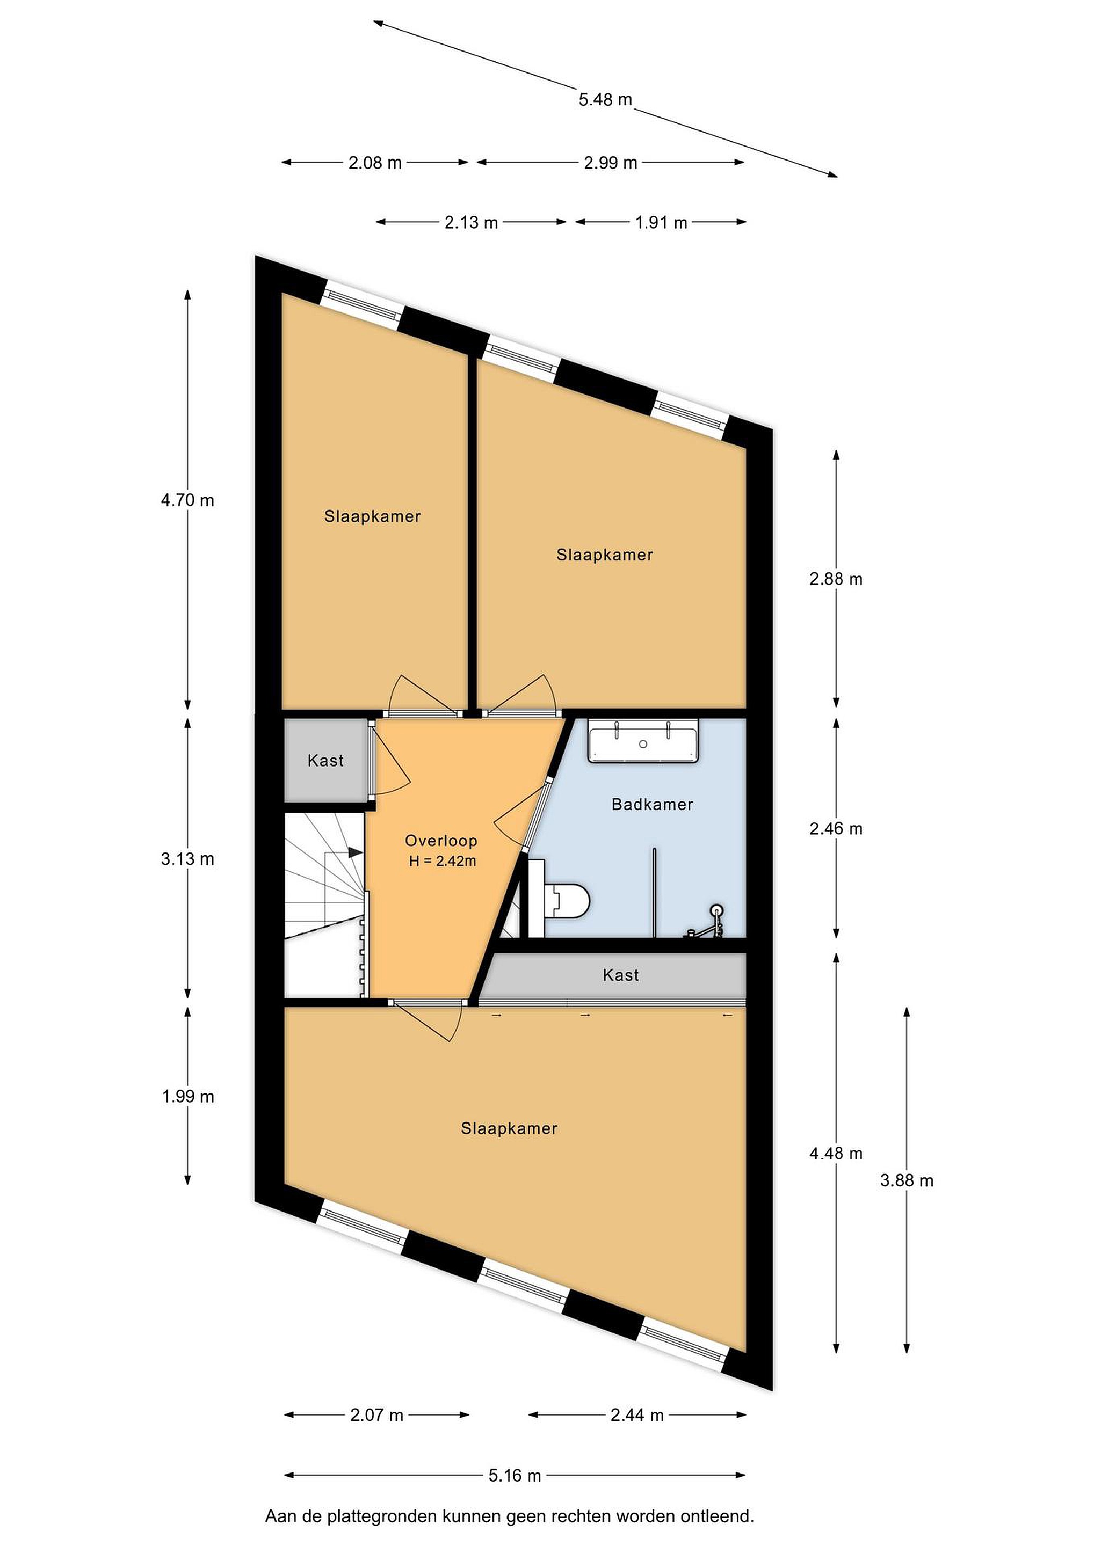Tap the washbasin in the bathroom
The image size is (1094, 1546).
[x=643, y=741]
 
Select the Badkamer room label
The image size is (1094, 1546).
[x=652, y=804]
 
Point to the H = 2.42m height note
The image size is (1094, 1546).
[x=443, y=860]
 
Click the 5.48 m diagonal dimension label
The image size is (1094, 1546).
[x=605, y=100]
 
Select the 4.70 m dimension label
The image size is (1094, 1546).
[x=187, y=500]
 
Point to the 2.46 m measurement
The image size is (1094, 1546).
[x=836, y=828]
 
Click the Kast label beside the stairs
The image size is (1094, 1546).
[x=325, y=760]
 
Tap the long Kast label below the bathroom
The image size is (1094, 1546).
[x=620, y=974]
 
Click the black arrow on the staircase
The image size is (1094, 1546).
[x=355, y=852]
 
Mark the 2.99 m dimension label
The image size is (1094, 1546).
[x=610, y=163]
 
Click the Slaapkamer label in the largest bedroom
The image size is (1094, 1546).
[x=509, y=1128]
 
